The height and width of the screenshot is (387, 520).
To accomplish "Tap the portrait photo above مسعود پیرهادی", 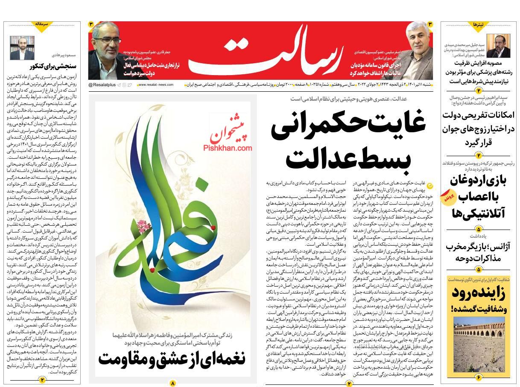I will (22, 47).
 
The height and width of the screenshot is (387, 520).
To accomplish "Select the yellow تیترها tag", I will (478, 25).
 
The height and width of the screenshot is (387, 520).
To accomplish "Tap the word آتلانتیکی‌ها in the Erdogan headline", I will (479, 212).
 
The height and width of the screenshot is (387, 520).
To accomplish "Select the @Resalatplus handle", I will (102, 85).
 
